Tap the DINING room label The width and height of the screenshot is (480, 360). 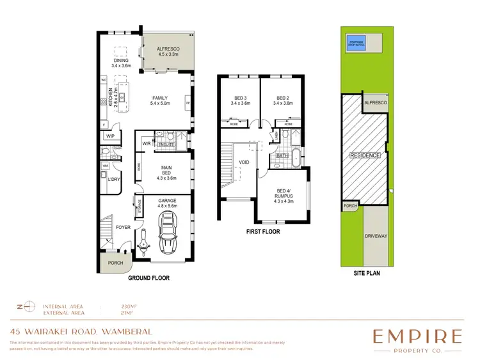pyautogui.click(x=120, y=60)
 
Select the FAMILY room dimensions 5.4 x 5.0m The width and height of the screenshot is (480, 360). pyautogui.click(x=159, y=104)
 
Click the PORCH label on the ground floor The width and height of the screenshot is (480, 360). pyautogui.click(x=115, y=262)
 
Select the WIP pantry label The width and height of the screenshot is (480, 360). pyautogui.click(x=110, y=136)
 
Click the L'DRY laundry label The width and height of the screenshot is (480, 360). pyautogui.click(x=115, y=180)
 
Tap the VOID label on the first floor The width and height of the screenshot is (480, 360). pyautogui.click(x=244, y=163)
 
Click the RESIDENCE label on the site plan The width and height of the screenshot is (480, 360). pyautogui.click(x=365, y=155)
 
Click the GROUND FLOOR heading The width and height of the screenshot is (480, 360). pyautogui.click(x=148, y=279)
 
